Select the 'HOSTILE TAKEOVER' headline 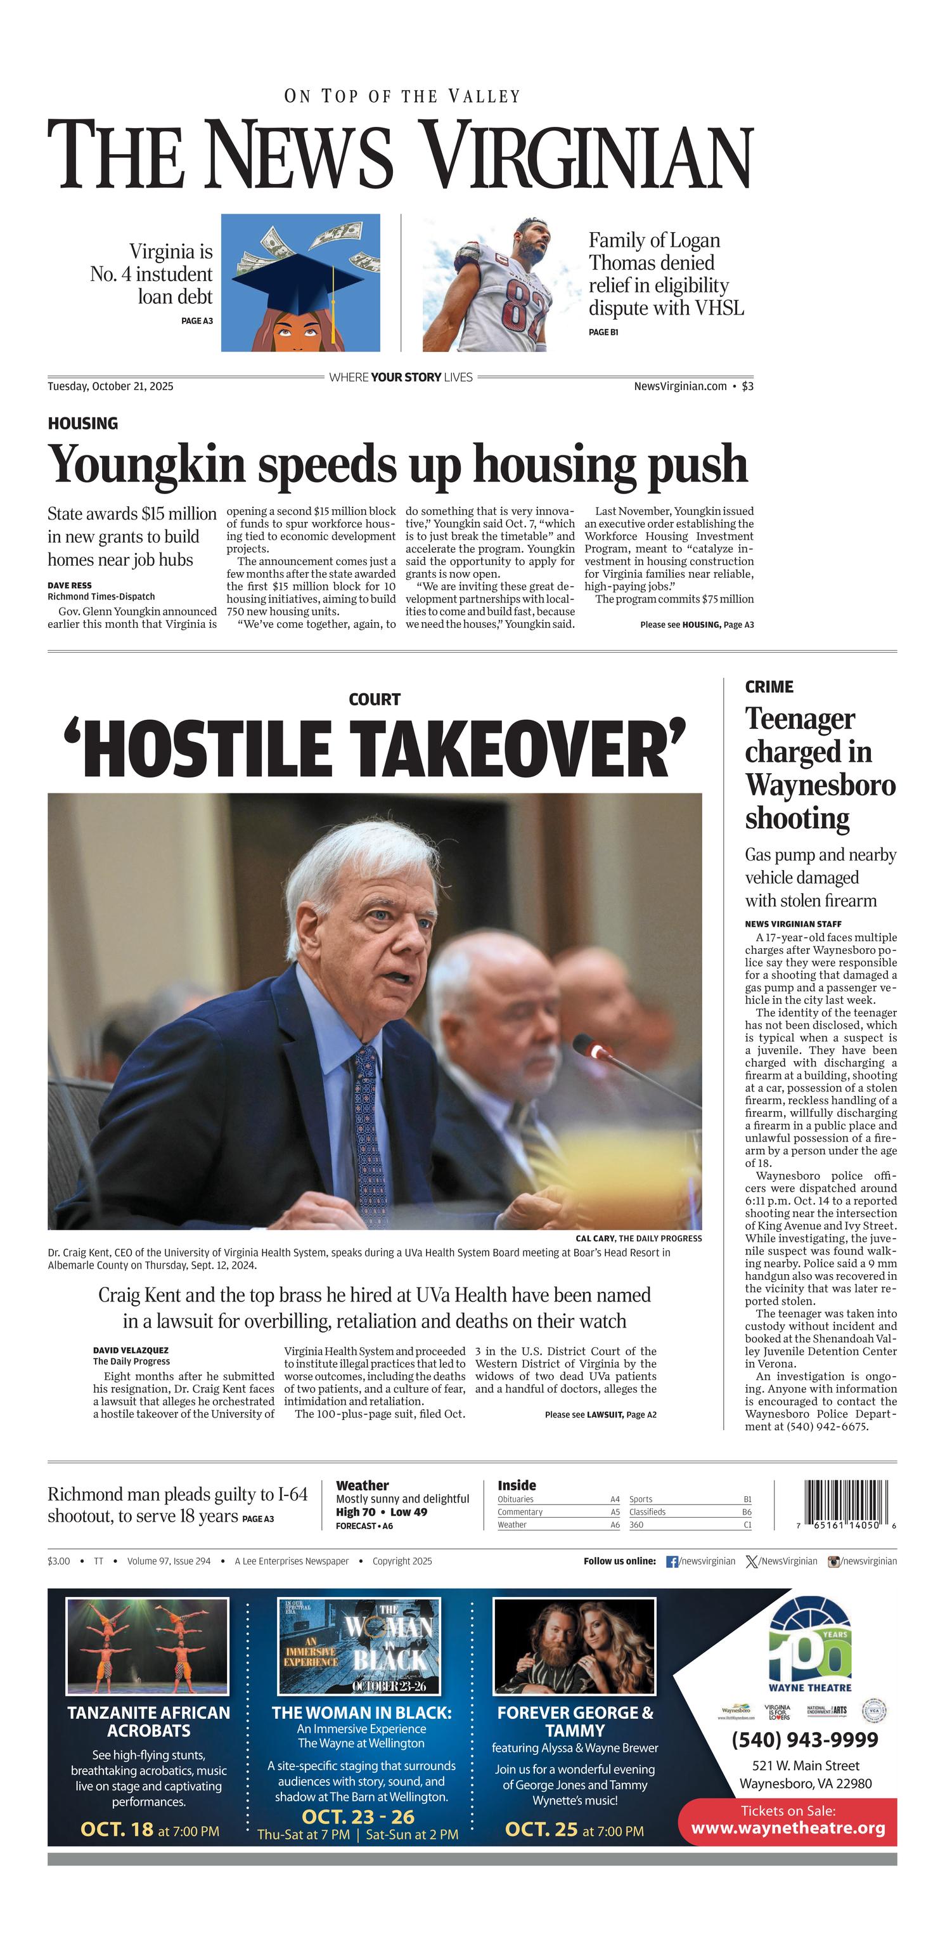375,748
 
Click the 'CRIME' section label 769,686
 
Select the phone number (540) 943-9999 804,1740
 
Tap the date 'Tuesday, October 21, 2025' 110,386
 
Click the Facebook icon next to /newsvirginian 672,1561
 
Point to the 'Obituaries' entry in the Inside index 515,1499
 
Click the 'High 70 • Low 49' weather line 381,1512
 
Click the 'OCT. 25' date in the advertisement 541,1829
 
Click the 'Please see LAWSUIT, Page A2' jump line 600,1414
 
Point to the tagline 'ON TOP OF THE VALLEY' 402,96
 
